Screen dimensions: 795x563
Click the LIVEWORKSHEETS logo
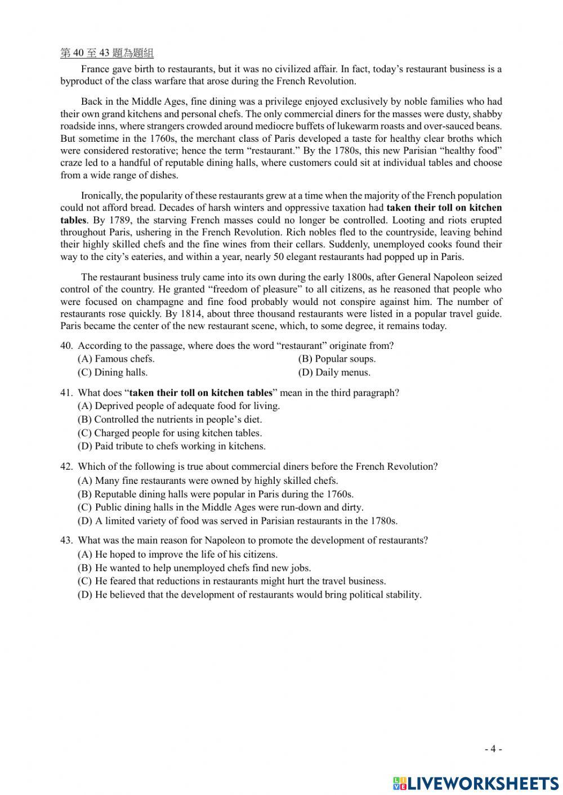click(x=476, y=783)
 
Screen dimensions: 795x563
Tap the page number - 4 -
click(x=493, y=749)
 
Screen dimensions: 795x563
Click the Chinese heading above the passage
click(x=107, y=53)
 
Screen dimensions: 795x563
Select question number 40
click(x=66, y=345)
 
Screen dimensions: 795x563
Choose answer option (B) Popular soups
click(x=337, y=359)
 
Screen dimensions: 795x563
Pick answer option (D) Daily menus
click(x=334, y=372)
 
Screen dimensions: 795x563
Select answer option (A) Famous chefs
click(x=116, y=359)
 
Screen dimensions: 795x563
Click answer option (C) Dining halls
click(x=113, y=372)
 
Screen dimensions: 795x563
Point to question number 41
click(x=66, y=393)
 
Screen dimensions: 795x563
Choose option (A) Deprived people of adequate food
click(x=178, y=406)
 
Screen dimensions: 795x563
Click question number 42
click(x=66, y=466)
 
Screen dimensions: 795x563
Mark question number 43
click(x=66, y=540)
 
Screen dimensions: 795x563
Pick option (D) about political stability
click(x=249, y=595)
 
